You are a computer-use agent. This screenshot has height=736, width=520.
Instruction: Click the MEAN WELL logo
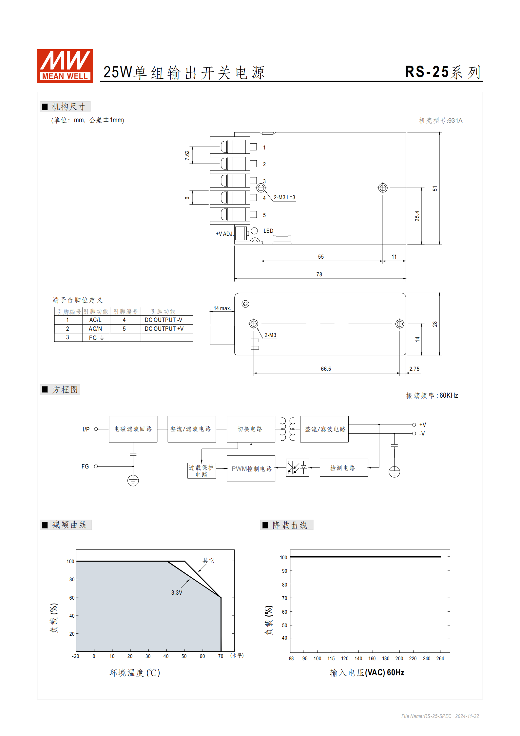[x=65, y=66]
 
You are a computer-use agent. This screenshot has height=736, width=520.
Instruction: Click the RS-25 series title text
[x=442, y=72]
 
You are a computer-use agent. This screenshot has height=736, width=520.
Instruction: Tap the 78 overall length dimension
[x=319, y=274]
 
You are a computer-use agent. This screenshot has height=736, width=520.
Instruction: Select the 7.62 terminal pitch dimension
[x=187, y=155]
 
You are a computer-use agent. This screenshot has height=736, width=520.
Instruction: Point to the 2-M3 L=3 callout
[x=284, y=197]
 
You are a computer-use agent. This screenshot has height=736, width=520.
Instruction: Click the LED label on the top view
[x=268, y=231]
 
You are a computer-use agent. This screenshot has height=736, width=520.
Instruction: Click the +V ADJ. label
[x=224, y=234]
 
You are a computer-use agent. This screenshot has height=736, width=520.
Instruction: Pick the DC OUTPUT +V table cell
[x=164, y=328]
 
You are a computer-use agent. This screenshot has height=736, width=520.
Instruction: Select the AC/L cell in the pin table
[x=95, y=320]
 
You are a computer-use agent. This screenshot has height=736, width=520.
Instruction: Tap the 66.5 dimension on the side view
[x=326, y=369]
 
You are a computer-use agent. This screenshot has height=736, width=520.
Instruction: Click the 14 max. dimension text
[x=222, y=308]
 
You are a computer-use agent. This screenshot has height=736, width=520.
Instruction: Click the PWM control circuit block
[x=251, y=468]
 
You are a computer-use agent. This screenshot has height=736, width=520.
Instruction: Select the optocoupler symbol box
[x=297, y=468]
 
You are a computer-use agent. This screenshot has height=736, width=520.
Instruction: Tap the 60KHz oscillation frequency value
[x=449, y=395]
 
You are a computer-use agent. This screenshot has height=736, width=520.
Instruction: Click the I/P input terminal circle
[x=96, y=429]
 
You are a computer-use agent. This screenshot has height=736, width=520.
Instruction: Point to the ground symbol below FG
[x=133, y=481]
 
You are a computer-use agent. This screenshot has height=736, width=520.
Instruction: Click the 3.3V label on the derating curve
[x=177, y=592]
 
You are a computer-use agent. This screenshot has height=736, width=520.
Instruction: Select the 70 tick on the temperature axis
[x=221, y=656]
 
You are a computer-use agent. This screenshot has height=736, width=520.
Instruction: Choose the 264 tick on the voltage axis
[x=440, y=658]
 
